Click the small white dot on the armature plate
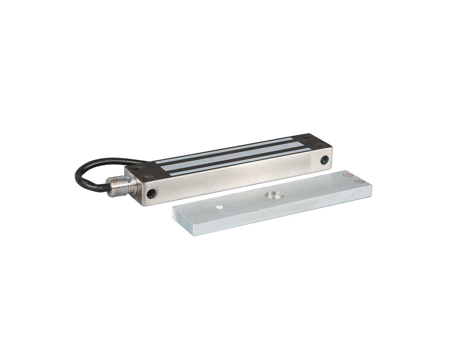(x=219, y=208)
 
